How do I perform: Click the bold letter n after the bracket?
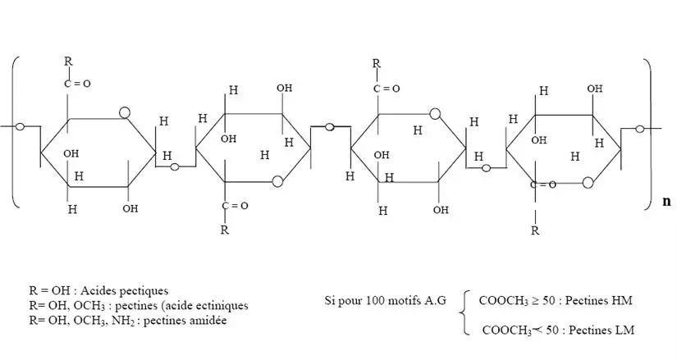click(x=666, y=201)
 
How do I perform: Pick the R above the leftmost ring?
click(x=69, y=62)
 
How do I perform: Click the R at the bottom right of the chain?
click(x=535, y=230)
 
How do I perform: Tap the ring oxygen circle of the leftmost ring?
click(x=124, y=112)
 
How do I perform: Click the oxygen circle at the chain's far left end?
click(x=19, y=126)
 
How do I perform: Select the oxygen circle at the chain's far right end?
click(x=641, y=127)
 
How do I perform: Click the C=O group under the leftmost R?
click(x=72, y=84)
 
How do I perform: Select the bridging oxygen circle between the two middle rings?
click(x=330, y=127)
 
